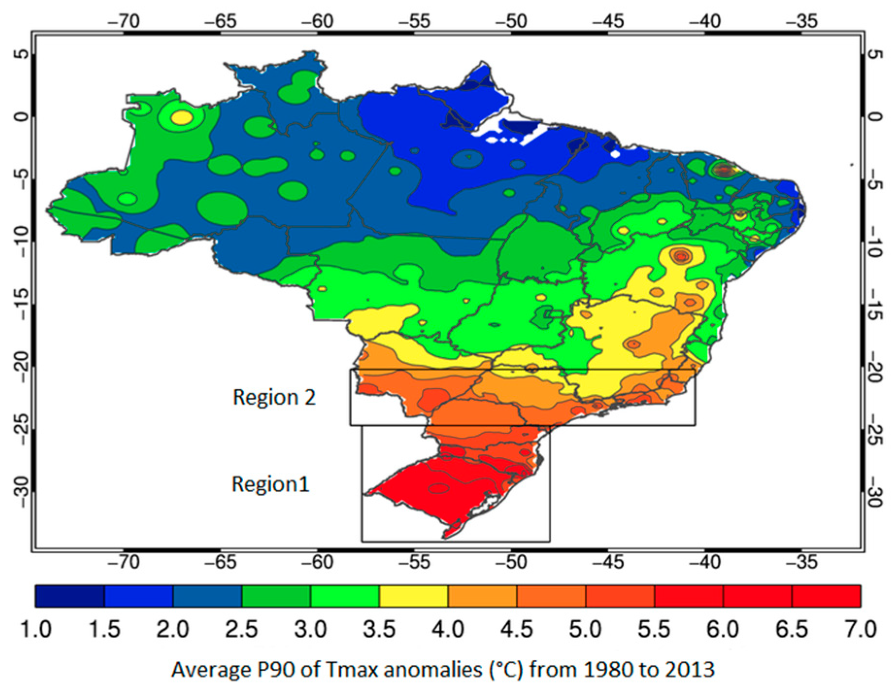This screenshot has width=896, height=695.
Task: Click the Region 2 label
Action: [274, 397]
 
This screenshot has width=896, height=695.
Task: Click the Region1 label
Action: [270, 484]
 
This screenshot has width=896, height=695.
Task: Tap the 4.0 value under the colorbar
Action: [448, 629]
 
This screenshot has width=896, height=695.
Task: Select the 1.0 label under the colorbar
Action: [35, 629]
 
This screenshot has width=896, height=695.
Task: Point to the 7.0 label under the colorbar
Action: [861, 629]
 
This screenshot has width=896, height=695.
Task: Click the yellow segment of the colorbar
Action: [414, 596]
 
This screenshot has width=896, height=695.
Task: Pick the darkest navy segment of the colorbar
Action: [69, 596]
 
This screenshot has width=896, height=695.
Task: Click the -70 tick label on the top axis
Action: [124, 21]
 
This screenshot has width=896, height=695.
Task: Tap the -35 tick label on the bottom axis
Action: [801, 562]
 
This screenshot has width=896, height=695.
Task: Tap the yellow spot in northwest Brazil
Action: [182, 117]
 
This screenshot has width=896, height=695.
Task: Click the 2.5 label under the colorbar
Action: [241, 629]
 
